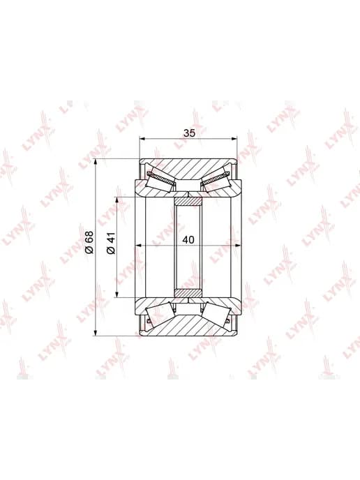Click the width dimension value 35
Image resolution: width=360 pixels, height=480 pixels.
tap(189, 133)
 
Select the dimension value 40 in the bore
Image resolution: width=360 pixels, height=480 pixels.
tap(188, 240)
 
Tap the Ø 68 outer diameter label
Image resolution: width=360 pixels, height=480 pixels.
tap(89, 243)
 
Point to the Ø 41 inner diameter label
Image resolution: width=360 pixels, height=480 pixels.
tap(111, 243)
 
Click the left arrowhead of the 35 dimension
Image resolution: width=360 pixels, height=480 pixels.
tap(142, 139)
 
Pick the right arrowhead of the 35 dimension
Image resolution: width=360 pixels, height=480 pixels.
tap(234, 139)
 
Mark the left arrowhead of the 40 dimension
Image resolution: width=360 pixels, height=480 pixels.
tap(138, 245)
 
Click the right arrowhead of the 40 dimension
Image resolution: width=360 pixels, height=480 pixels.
tap(239, 245)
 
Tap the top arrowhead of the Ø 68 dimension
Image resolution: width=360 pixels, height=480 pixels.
tap(96, 162)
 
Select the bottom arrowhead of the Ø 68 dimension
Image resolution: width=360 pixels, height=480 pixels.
tap(96, 333)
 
